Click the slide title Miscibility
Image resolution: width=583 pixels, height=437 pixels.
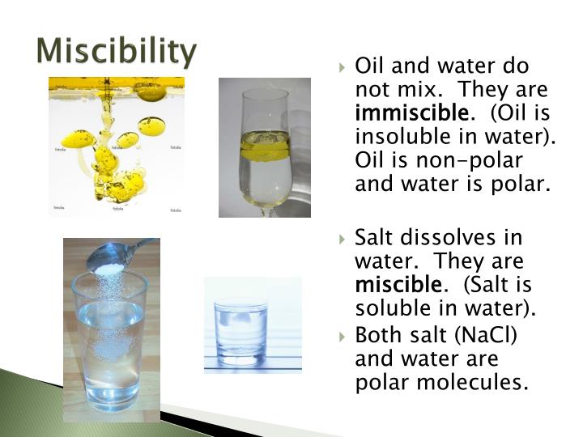point(117,51)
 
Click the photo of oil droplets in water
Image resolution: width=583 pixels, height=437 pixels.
point(116,146)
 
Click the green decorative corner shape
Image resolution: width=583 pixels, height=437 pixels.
point(49,405)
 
